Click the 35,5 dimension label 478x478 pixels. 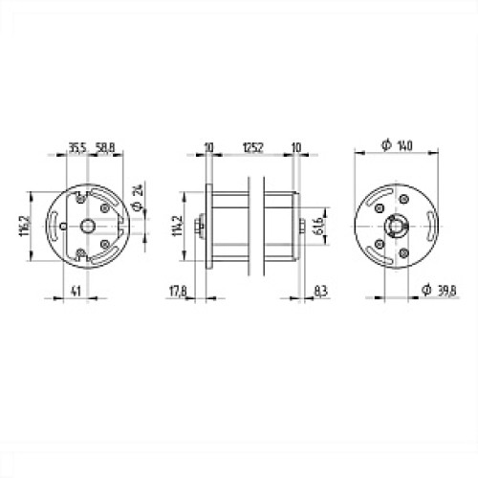coord(76,147)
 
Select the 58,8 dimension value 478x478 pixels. coord(105,147)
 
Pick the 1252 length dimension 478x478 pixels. coord(252,147)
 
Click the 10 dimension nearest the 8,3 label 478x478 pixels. coord(296,147)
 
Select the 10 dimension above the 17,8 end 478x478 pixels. coord(208,147)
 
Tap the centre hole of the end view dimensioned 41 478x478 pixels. coord(88,226)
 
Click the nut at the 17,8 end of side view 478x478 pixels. coord(198,226)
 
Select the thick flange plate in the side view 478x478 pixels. coord(206,226)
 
